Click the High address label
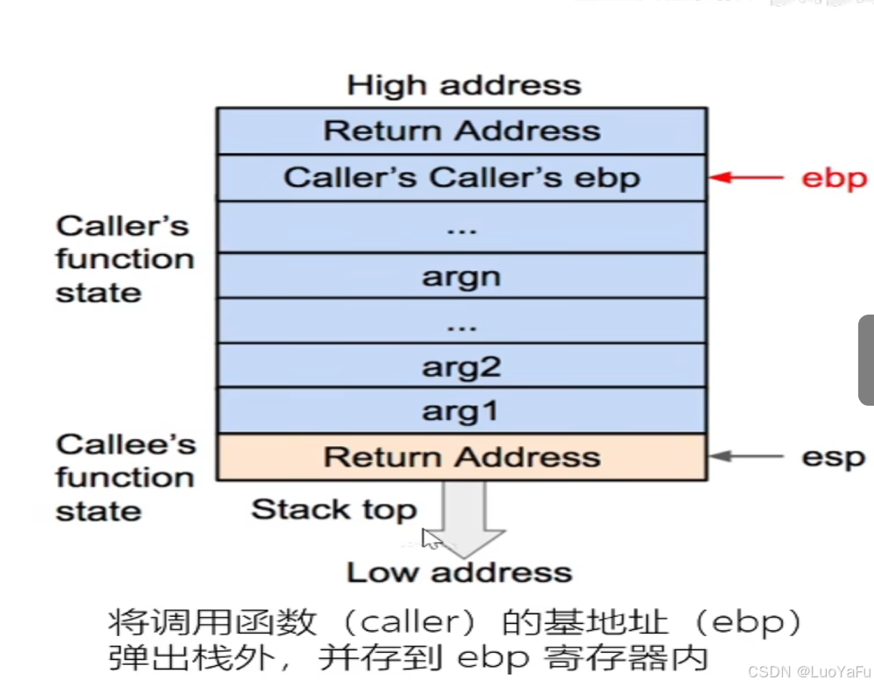pos(463,86)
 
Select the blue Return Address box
pos(462,131)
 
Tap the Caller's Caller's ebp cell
pos(462,178)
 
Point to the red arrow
pos(746,178)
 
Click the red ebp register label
pos(834,178)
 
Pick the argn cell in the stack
pos(462,276)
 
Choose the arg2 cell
pos(462,366)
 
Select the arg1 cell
pos(462,411)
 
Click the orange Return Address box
pos(462,457)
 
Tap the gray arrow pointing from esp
pos(746,457)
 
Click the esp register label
pos(833,457)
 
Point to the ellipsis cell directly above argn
pos(462,228)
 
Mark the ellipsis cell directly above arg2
pos(462,321)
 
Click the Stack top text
pos(334,509)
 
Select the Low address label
pos(460,573)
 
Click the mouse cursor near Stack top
pos(430,538)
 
